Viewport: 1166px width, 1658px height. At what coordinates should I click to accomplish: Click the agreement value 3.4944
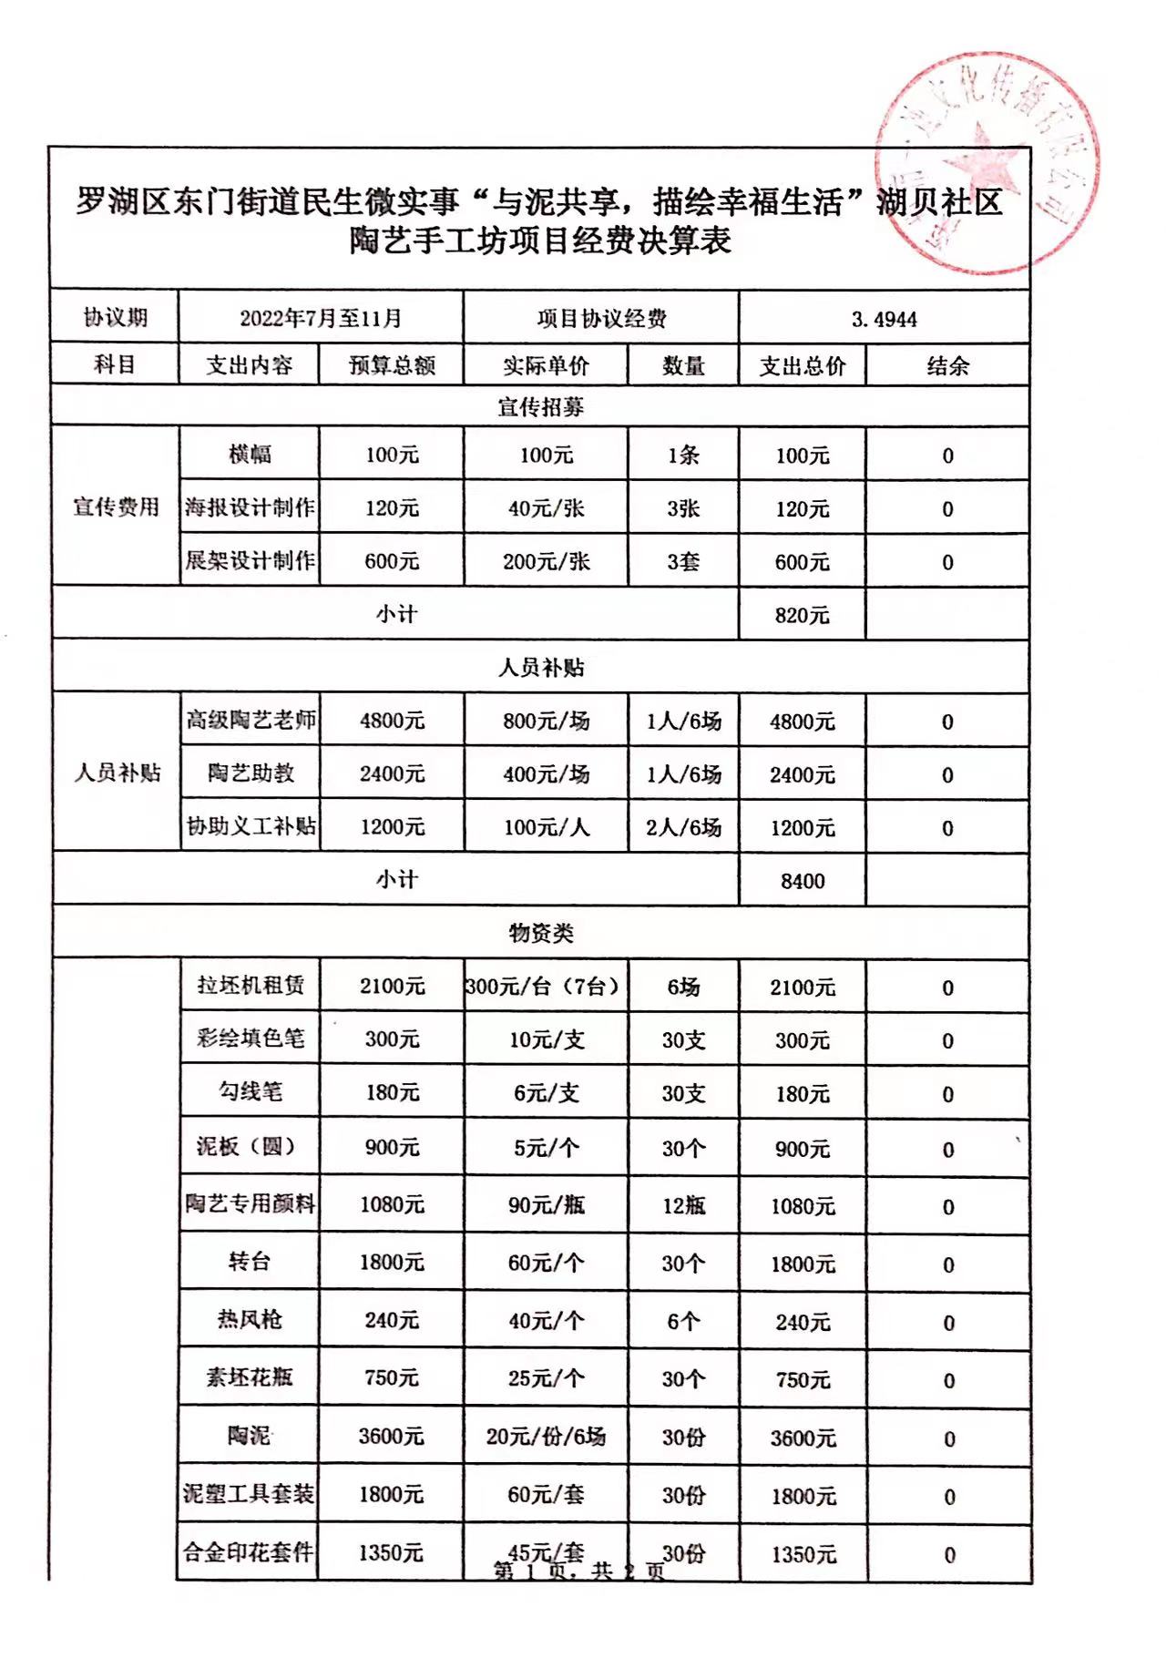pos(884,319)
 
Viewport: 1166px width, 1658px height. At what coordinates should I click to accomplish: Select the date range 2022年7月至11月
pos(321,318)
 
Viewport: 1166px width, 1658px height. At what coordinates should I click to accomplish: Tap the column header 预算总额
pos(392,366)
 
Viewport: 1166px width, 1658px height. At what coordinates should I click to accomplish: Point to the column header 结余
pos(947,366)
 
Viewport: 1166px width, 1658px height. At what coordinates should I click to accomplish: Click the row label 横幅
pos(250,454)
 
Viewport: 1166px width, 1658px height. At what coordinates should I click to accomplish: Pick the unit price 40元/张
pos(546,508)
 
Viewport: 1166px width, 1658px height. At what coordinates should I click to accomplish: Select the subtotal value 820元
pos(802,615)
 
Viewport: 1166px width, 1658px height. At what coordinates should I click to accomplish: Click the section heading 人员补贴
pos(541,668)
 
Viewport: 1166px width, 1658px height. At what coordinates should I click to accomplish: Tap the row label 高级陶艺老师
pos(251,721)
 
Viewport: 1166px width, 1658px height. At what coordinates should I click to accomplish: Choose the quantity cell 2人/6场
pos(683,827)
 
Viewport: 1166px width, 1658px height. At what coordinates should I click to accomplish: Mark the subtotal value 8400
pos(802,881)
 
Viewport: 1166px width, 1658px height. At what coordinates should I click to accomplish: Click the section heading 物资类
pos(541,933)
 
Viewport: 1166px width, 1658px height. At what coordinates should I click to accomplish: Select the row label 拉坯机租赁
pos(251,986)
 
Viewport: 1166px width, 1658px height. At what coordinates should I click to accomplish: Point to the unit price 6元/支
pos(546,1093)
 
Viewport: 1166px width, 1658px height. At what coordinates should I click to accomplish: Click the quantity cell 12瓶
pos(683,1205)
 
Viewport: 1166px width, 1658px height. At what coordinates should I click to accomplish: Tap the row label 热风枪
pos(250,1319)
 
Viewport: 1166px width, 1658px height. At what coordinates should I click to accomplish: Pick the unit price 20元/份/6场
pos(546,1437)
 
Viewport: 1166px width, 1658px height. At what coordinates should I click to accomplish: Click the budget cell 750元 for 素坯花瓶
pos(392,1378)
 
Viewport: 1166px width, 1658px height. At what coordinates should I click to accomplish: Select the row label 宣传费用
pos(116,507)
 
